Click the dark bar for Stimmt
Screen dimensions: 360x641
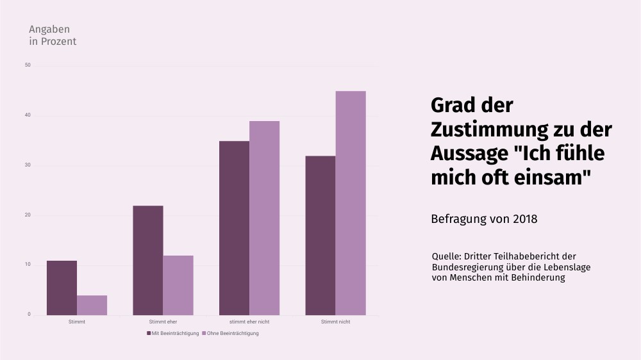click(x=62, y=288)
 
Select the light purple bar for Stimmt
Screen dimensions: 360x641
click(x=92, y=305)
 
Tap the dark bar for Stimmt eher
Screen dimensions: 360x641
click(x=148, y=260)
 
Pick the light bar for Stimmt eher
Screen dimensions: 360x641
click(x=178, y=285)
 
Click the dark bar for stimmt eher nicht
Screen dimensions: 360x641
click(x=234, y=227)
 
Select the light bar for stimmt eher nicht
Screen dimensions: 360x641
click(x=264, y=218)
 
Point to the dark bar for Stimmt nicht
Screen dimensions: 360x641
click(x=320, y=235)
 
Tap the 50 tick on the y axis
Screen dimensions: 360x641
click(x=28, y=65)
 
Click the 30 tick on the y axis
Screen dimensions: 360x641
click(x=28, y=165)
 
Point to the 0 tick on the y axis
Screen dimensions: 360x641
click(x=29, y=315)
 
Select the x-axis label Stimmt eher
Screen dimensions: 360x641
click(x=163, y=322)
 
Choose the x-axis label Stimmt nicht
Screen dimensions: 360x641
click(x=335, y=322)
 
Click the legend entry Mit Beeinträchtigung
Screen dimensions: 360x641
click(x=174, y=333)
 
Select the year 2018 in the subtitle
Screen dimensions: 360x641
click(x=524, y=218)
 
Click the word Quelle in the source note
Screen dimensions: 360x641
click(x=446, y=256)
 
